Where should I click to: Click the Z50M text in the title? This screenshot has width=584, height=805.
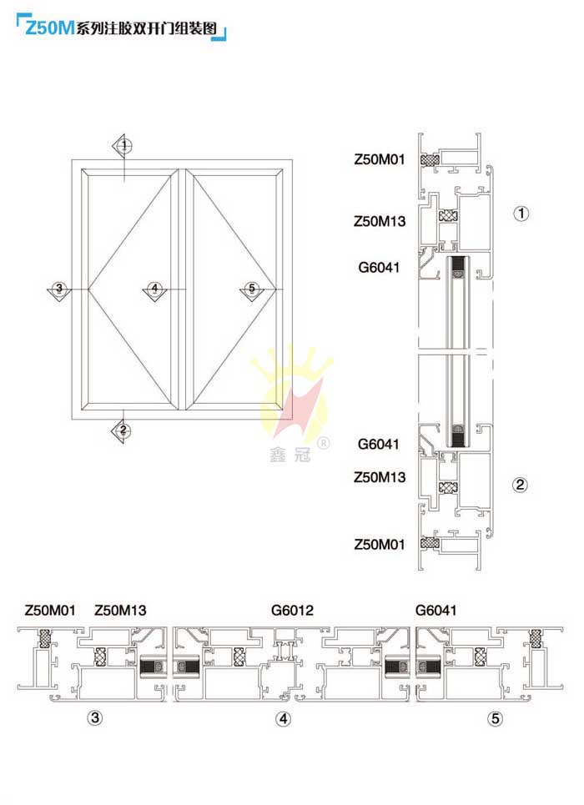click(x=50, y=28)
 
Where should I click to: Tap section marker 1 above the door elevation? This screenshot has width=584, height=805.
click(x=123, y=146)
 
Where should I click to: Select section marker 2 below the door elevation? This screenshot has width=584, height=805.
click(x=123, y=430)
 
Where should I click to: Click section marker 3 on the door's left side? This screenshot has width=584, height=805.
click(x=59, y=289)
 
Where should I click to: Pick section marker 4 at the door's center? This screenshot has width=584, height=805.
click(x=154, y=290)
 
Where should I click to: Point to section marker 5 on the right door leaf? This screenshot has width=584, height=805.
click(x=252, y=290)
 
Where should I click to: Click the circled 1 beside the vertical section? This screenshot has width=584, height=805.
click(x=521, y=213)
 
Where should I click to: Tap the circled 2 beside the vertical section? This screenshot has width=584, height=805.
click(x=520, y=485)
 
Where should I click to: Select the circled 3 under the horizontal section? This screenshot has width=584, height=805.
click(x=95, y=717)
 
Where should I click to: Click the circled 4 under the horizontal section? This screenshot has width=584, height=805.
click(x=283, y=719)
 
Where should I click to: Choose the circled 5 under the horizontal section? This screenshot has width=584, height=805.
click(x=495, y=719)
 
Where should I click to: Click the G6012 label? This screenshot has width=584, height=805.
click(x=292, y=611)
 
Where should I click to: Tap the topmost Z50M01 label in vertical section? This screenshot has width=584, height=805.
click(x=380, y=159)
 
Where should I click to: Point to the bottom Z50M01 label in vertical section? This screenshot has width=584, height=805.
click(x=380, y=544)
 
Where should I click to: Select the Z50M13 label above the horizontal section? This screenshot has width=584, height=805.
click(x=120, y=611)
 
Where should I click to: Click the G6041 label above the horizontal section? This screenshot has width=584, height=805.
click(x=436, y=611)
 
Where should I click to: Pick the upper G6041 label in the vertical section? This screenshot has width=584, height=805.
click(x=379, y=268)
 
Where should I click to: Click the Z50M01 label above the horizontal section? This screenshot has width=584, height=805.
click(x=50, y=611)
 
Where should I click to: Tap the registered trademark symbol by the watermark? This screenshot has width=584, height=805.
click(x=323, y=443)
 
